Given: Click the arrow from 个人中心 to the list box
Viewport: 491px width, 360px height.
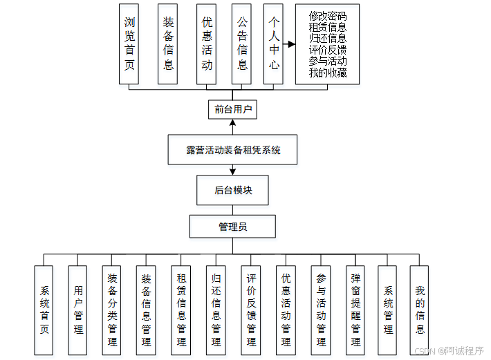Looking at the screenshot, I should [289, 44].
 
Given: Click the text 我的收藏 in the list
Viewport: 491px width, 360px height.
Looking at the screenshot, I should [328, 73].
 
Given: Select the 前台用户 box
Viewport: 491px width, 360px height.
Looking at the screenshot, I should [233, 108].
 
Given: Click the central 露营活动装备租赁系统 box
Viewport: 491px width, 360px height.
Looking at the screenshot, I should [233, 150].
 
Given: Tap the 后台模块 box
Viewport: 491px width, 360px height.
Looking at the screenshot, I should [233, 190].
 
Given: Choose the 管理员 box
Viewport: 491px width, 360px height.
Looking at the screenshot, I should [233, 227].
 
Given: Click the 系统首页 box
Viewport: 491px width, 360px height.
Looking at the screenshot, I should [44, 310].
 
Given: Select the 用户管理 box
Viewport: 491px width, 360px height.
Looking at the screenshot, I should [77, 310].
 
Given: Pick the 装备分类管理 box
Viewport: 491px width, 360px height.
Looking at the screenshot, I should [111, 310].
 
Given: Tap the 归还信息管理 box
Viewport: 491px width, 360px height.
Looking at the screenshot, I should [216, 310].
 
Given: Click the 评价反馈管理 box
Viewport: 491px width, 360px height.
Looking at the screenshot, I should [250, 310].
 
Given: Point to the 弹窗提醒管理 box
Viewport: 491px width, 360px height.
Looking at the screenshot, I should [355, 310].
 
